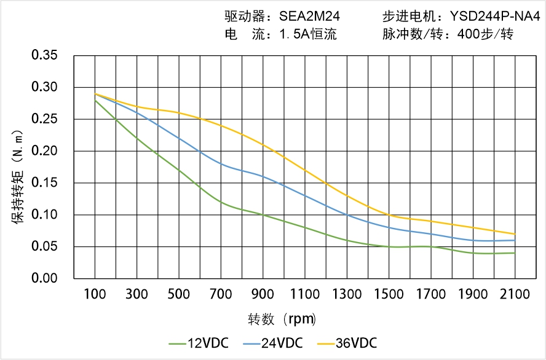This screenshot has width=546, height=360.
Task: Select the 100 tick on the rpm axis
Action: (x=95, y=294)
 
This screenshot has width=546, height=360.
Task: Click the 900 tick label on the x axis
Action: (x=263, y=294)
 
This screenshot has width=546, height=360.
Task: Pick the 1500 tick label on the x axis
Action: (x=389, y=294)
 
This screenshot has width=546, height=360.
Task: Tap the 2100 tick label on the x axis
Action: (x=515, y=294)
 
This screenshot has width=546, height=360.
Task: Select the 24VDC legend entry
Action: (x=272, y=342)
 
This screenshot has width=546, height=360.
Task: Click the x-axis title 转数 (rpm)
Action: (x=282, y=319)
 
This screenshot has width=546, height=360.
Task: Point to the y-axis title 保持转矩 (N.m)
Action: (x=18, y=176)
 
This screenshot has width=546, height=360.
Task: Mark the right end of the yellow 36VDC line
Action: (x=515, y=234)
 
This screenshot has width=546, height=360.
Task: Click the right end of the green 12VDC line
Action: (x=515, y=253)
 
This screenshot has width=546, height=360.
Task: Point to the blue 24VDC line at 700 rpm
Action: (x=221, y=164)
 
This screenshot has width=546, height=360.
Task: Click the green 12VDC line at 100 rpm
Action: (x=95, y=100)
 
